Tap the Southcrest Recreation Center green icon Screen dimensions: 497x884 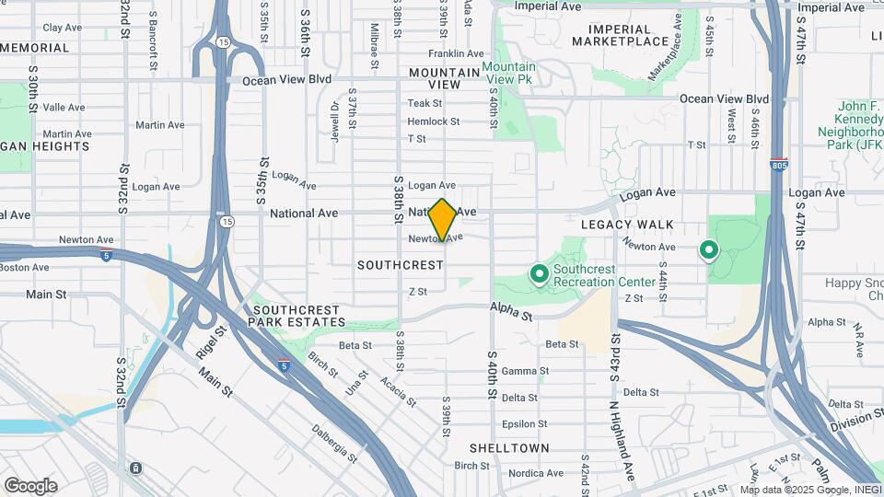pos(540,273)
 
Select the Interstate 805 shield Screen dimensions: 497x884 pos(779,163)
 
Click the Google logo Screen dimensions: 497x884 pos(30,486)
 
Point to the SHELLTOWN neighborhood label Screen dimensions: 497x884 pos(509,448)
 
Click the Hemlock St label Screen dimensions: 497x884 pos(433,121)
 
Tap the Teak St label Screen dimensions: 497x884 pos(425,103)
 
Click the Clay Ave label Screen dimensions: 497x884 pos(63,28)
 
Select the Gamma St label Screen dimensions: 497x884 pos(525,371)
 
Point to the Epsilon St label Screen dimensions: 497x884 pos(525,424)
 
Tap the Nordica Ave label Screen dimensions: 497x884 pos(535,473)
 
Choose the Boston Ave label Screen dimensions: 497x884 pos(25,268)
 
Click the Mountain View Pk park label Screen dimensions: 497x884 pos(508,74)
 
